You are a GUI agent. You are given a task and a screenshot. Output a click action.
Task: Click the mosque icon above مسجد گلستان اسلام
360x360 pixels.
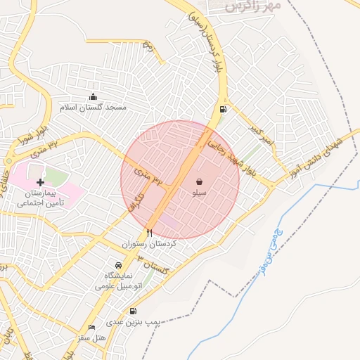click(x=94, y=97)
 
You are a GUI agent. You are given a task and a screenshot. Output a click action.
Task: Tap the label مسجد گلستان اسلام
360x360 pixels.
click(x=94, y=108)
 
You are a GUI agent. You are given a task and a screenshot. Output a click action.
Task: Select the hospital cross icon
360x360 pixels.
click(x=40, y=183)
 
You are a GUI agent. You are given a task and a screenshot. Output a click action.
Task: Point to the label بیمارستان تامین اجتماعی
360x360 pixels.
click(x=41, y=198)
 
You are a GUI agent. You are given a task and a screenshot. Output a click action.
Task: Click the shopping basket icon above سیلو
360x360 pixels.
click(x=200, y=181)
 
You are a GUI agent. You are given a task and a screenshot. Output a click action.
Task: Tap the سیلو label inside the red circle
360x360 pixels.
click(x=200, y=191)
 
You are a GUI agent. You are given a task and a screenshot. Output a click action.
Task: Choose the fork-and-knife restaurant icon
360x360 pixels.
click(x=149, y=233)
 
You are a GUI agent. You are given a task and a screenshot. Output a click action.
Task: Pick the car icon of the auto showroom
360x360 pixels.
click(x=118, y=266)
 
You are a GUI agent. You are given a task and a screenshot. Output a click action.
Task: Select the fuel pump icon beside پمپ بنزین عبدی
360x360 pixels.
click(x=133, y=311)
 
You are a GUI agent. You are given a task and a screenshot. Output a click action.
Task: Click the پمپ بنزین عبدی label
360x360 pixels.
click(x=134, y=322)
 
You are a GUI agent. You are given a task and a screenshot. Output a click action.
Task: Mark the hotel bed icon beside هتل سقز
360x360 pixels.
click(x=91, y=328)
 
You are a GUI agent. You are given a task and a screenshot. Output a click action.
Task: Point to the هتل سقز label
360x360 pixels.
click(x=91, y=338)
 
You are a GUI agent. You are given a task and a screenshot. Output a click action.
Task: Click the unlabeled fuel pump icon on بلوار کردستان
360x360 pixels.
click(x=224, y=109)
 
